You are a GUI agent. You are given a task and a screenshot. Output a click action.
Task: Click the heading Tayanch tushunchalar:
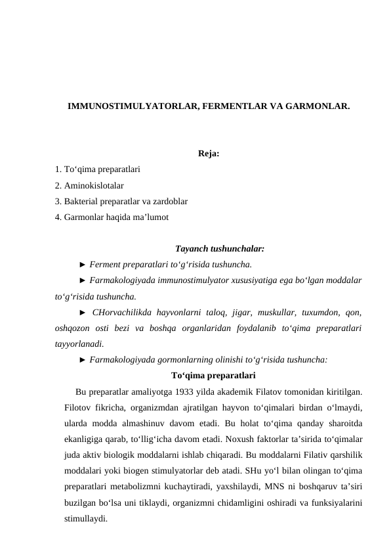coord(220,249)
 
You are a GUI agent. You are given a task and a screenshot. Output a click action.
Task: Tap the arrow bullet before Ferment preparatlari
coord(82,265)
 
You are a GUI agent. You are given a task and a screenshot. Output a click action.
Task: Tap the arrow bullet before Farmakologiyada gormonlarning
coord(82,359)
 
